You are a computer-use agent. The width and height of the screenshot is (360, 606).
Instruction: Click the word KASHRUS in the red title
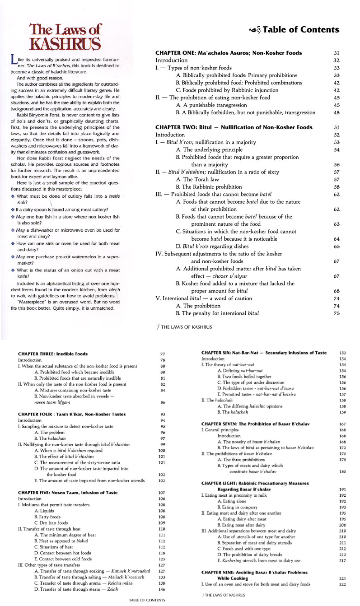pyautogui.click(x=65, y=43)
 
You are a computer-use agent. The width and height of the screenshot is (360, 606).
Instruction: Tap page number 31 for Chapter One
pyautogui.click(x=337, y=53)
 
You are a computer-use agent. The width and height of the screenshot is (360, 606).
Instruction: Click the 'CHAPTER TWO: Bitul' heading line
pyautogui.click(x=234, y=127)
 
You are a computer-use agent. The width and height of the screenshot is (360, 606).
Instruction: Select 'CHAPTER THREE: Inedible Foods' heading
pyautogui.click(x=53, y=354)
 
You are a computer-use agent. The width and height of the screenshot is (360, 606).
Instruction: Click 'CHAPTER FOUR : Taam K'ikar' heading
pyautogui.click(x=65, y=414)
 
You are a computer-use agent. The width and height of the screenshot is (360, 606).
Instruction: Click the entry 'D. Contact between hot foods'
pyautogui.click(x=62, y=553)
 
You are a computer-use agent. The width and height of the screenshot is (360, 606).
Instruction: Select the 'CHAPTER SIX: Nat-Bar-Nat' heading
pyautogui.click(x=257, y=352)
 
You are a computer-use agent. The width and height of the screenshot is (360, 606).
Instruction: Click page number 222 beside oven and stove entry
pyautogui.click(x=342, y=584)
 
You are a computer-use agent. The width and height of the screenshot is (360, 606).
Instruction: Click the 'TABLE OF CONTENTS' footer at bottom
pyautogui.click(x=147, y=600)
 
